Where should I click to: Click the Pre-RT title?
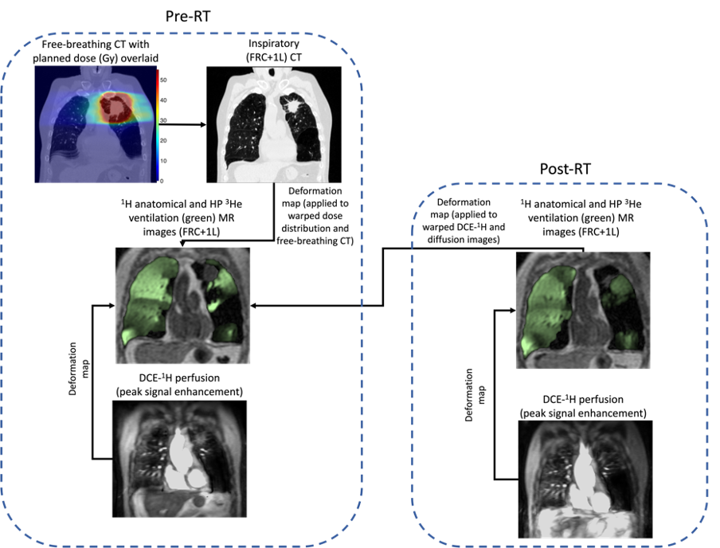point(188,17)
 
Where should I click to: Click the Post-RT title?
point(565,169)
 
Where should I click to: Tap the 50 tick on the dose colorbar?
point(163,80)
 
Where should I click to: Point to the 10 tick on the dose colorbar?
point(163,161)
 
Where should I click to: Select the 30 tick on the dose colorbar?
point(163,120)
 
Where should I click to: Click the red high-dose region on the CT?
point(116,107)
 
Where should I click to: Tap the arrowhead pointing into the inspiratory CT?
point(203,124)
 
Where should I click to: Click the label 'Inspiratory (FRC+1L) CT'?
point(274,50)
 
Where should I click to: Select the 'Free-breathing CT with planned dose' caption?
point(96,52)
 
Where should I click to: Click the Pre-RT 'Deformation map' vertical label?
point(78,369)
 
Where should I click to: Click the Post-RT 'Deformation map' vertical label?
point(475,395)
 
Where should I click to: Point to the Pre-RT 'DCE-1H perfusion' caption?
point(179,385)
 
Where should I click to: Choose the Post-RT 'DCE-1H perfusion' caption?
point(583,406)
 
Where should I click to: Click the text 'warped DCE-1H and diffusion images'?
point(464,233)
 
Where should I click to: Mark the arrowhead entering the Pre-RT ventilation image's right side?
point(253,306)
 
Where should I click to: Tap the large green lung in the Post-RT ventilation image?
point(547,312)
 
